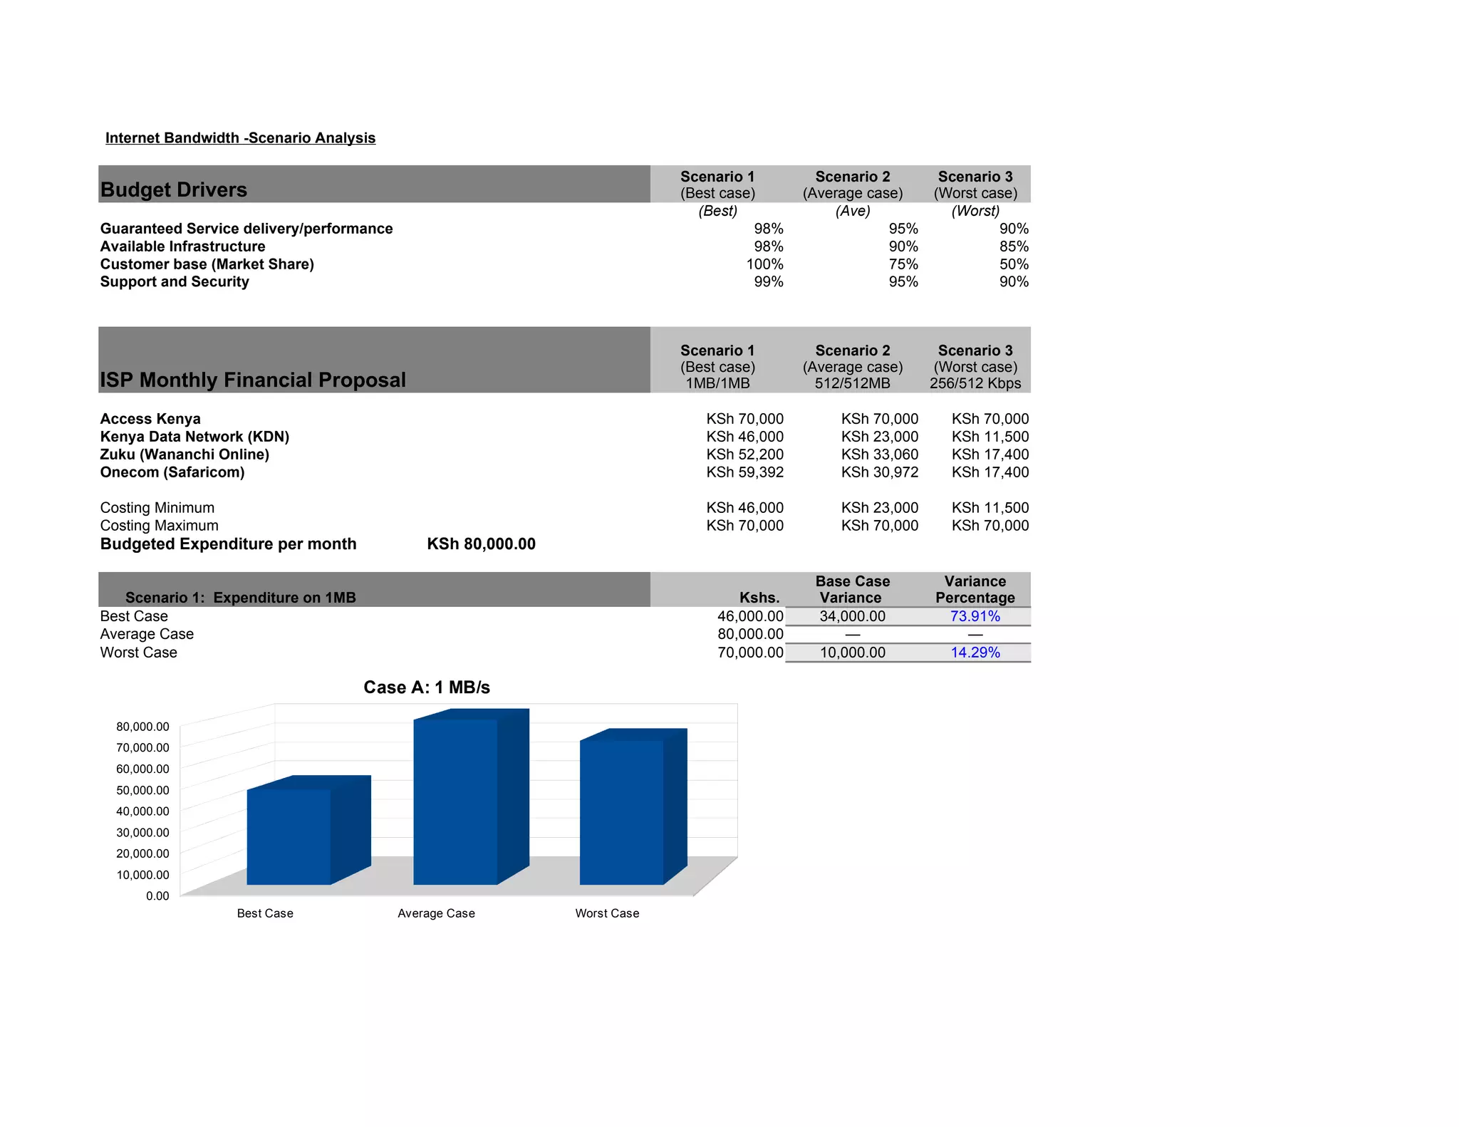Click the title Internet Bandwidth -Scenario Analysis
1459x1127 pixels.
[x=240, y=138]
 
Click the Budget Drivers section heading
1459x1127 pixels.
[x=174, y=189]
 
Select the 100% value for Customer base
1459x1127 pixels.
[x=764, y=264]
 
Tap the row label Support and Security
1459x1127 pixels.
[x=175, y=282]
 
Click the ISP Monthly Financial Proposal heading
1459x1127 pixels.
[x=253, y=380]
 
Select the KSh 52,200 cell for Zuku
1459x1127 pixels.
[x=744, y=455]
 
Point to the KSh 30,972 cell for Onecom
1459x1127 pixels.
[x=879, y=472]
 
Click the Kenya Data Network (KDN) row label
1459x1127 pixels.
[x=194, y=437]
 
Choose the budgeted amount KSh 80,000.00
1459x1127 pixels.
[x=481, y=544]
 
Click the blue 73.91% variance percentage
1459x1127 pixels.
[x=975, y=616]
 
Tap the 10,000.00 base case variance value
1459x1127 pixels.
[x=852, y=653]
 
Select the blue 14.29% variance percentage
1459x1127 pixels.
[x=975, y=653]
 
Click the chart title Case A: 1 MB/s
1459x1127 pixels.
[x=427, y=687]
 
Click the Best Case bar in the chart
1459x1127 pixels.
[x=289, y=836]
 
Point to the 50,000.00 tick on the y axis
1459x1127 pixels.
[x=142, y=790]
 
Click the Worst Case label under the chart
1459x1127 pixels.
[x=607, y=913]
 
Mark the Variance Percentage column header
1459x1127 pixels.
[x=975, y=590]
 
